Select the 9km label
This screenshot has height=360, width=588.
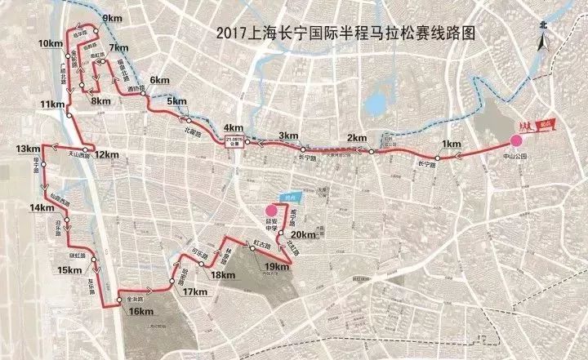112,17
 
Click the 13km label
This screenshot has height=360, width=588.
27,149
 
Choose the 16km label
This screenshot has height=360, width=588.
141,312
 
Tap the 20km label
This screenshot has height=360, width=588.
303,236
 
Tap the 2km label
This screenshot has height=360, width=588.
357,137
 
